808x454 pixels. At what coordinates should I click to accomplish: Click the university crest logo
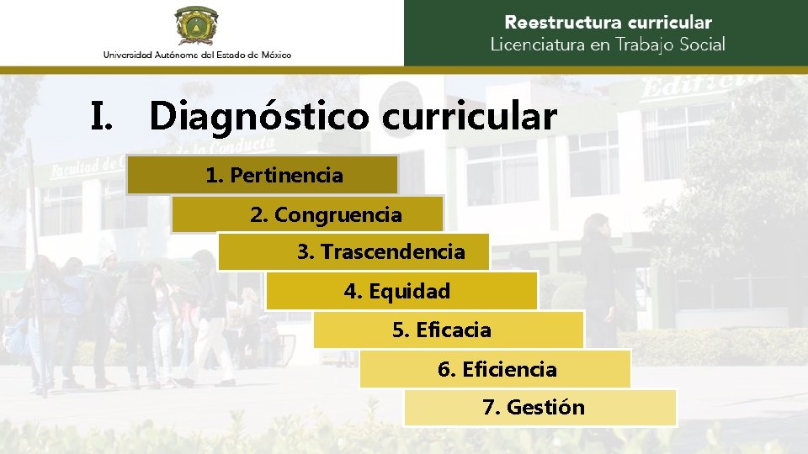click(197, 25)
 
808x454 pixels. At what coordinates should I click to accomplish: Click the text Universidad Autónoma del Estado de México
click(197, 55)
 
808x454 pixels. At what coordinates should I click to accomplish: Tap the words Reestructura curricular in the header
click(608, 23)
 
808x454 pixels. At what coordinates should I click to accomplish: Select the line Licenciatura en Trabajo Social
click(608, 45)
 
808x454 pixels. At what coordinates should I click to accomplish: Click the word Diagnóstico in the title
click(259, 116)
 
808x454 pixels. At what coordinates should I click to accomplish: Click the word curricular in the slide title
click(470, 116)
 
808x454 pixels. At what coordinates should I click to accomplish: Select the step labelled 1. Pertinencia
click(263, 175)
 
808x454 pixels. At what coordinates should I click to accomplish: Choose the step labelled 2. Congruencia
click(307, 214)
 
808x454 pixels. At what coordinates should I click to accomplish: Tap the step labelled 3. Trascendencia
click(353, 251)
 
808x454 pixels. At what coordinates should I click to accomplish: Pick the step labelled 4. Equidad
click(401, 292)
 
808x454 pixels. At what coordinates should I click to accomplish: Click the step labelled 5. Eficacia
click(449, 330)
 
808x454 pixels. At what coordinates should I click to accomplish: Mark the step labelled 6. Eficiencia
click(496, 369)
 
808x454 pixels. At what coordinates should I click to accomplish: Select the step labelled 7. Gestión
click(540, 408)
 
